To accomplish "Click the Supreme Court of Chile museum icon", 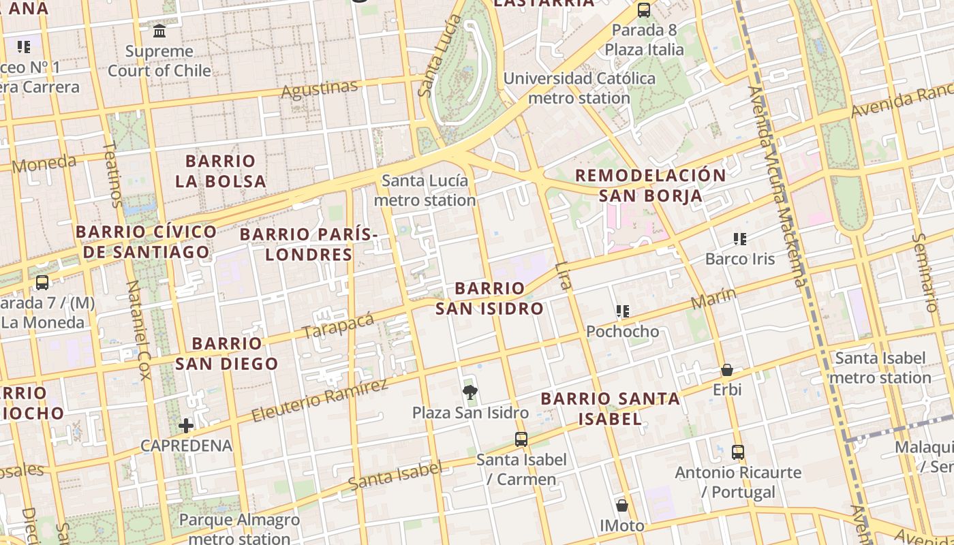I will point(159,31).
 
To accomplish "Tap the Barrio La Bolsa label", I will point(220,171).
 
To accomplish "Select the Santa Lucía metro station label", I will point(425,191).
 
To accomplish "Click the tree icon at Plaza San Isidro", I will point(470,392).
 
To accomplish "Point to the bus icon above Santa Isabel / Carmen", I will point(521,439).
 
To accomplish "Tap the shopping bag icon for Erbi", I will point(727,370).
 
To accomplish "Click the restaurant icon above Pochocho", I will point(622,311).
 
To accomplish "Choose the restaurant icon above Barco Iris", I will point(740,238).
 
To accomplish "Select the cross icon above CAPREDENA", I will point(186,426).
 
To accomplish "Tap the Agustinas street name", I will point(319,89).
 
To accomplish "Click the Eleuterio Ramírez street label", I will point(319,400).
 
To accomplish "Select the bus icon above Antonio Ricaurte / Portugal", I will point(738,452).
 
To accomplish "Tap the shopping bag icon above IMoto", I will point(622,505).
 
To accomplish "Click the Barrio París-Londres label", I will point(309,245).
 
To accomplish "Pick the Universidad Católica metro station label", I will point(579,88).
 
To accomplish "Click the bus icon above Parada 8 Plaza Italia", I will point(644,10).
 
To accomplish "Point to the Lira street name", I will point(563,275).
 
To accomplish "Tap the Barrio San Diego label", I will point(227,353).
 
